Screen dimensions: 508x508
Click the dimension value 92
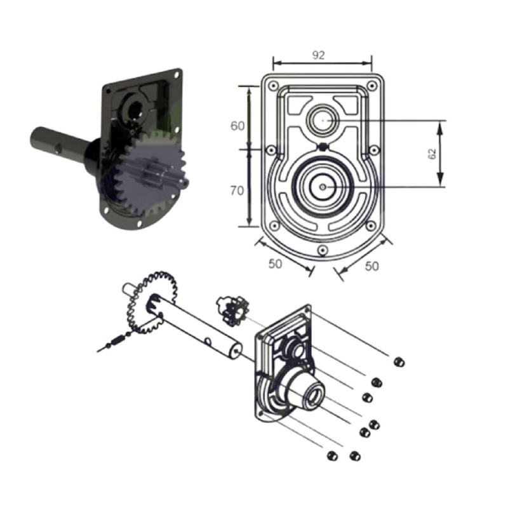(x=318, y=55)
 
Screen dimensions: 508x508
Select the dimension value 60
(x=237, y=126)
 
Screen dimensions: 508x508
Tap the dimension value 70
(x=237, y=191)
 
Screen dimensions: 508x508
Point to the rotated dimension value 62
(x=432, y=154)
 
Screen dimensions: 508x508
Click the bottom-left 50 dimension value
(x=275, y=264)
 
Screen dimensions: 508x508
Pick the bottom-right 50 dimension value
(x=371, y=266)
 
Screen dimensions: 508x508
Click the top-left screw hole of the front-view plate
(x=274, y=86)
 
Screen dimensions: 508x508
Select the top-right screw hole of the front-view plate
(x=372, y=86)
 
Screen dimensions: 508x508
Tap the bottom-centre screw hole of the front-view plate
(x=323, y=250)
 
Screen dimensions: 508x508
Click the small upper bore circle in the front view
(x=323, y=120)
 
